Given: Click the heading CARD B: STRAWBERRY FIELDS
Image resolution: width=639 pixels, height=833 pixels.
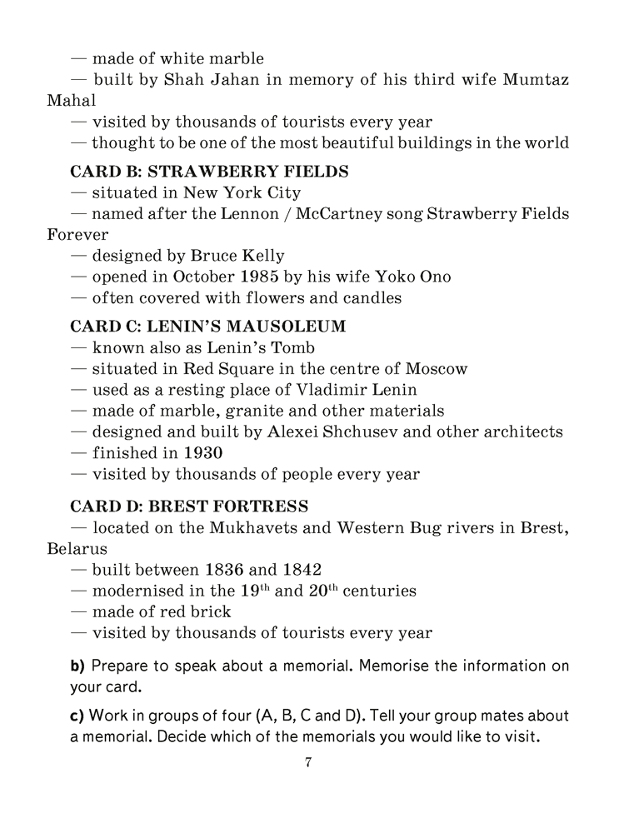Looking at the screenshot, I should (x=208, y=172).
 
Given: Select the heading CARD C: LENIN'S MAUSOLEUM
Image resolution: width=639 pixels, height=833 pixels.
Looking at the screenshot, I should (x=207, y=327).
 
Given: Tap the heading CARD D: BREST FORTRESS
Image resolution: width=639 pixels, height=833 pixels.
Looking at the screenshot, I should (x=189, y=506).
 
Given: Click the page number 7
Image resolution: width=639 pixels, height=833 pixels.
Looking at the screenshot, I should (x=308, y=762).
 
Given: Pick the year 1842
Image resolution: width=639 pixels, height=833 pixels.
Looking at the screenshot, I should (x=302, y=570).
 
